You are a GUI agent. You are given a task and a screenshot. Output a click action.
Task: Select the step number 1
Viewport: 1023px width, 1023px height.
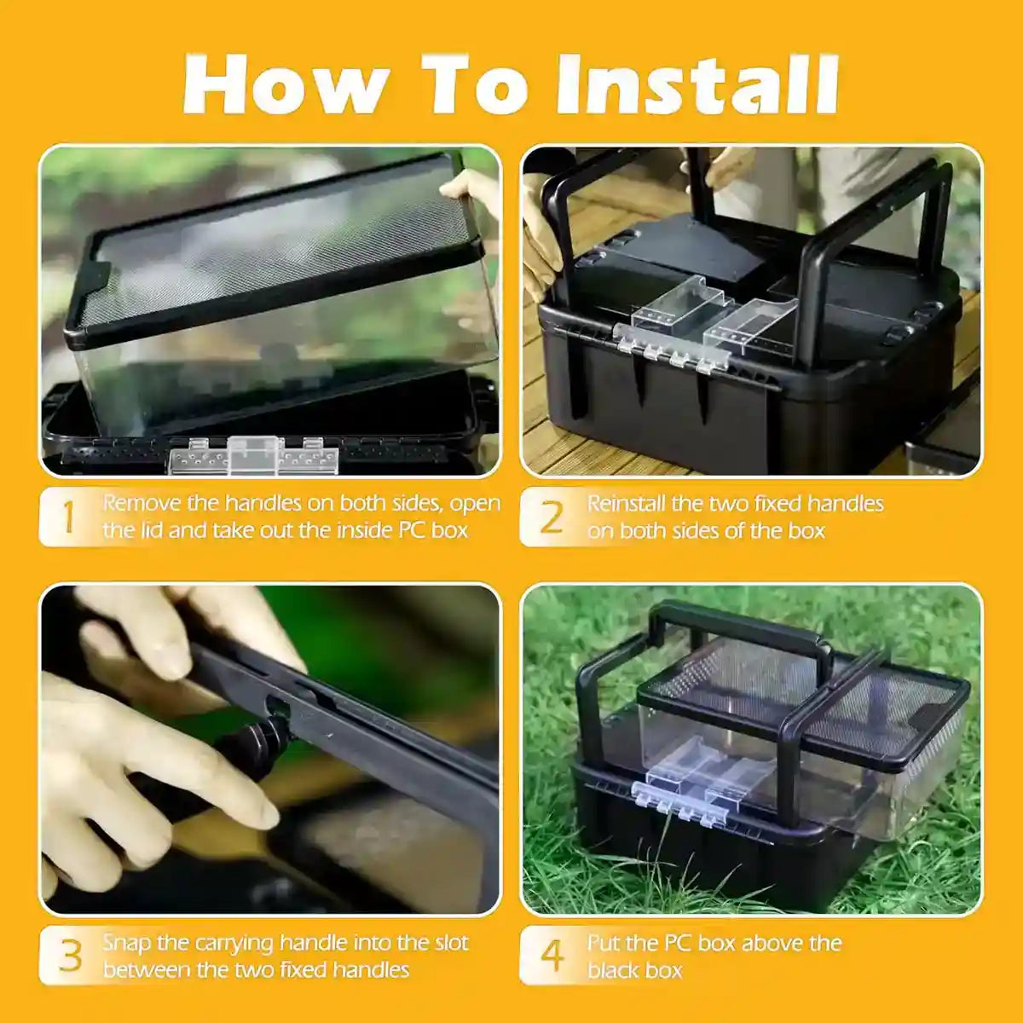click(x=68, y=517)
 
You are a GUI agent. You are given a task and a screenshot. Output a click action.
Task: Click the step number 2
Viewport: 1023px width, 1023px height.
click(x=552, y=517)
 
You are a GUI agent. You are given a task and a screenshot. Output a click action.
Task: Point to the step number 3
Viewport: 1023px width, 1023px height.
click(x=70, y=957)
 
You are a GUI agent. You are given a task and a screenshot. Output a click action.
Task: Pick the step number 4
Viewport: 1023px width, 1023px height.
click(x=552, y=957)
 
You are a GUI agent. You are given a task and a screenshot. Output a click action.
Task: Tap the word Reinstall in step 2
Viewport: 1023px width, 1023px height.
click(x=627, y=503)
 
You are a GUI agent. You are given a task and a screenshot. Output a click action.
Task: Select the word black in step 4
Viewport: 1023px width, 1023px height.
click(x=612, y=970)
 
